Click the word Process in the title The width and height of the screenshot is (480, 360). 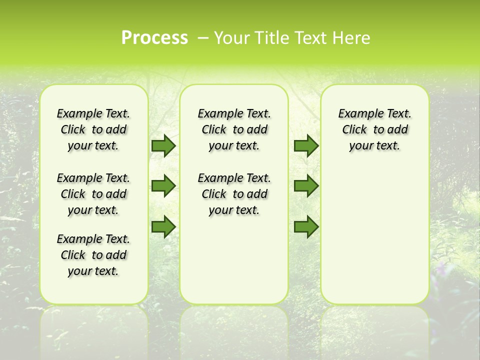click(154, 38)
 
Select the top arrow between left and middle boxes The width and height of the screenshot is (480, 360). click(163, 145)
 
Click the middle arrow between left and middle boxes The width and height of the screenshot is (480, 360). click(163, 185)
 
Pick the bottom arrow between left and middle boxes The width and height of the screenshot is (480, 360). click(163, 226)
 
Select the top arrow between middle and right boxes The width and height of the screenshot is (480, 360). click(306, 145)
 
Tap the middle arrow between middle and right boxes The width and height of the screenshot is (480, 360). click(306, 185)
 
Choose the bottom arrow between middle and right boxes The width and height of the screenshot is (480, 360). click(306, 226)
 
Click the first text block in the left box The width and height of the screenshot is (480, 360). click(93, 129)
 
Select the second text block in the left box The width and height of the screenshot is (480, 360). click(93, 194)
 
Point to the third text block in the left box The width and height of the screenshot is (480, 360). click(93, 255)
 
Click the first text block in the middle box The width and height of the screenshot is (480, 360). click(234, 129)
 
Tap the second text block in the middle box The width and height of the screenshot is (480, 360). click(234, 194)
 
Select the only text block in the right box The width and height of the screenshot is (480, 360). click(374, 129)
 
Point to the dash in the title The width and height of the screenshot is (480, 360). click(203, 38)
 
